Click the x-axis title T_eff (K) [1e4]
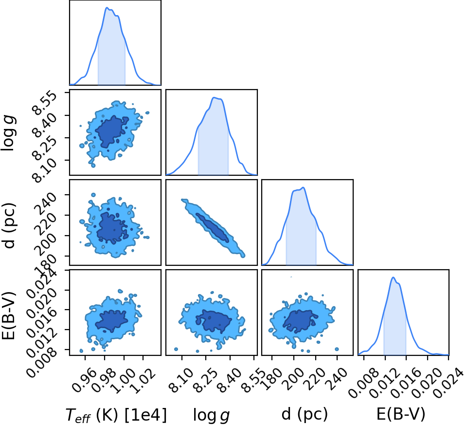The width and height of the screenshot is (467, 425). click(116, 415)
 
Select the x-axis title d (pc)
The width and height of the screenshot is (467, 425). click(305, 414)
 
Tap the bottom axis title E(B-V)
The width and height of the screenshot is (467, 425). click(401, 414)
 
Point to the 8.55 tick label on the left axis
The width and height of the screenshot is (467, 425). click(45, 103)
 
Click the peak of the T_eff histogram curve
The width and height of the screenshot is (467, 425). click(107, 7)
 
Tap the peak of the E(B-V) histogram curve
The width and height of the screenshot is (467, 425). click(394, 277)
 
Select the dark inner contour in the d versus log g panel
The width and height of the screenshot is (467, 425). click(212, 227)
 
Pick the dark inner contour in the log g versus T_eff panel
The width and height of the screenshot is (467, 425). click(112, 131)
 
